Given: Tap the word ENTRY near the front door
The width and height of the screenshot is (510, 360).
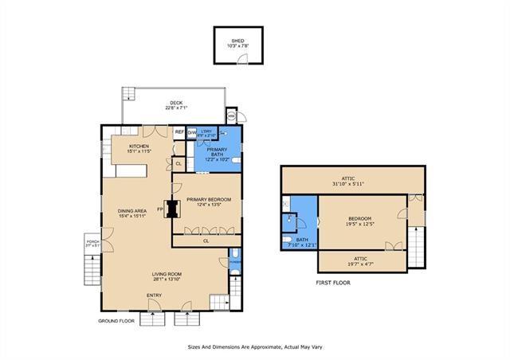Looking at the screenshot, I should click(154, 295).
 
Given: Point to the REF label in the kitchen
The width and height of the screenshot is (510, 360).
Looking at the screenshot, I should click(179, 132).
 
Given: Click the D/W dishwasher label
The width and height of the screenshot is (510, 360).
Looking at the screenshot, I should click(191, 132).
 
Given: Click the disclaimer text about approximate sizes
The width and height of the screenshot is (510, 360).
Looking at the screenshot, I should click(254, 346).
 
